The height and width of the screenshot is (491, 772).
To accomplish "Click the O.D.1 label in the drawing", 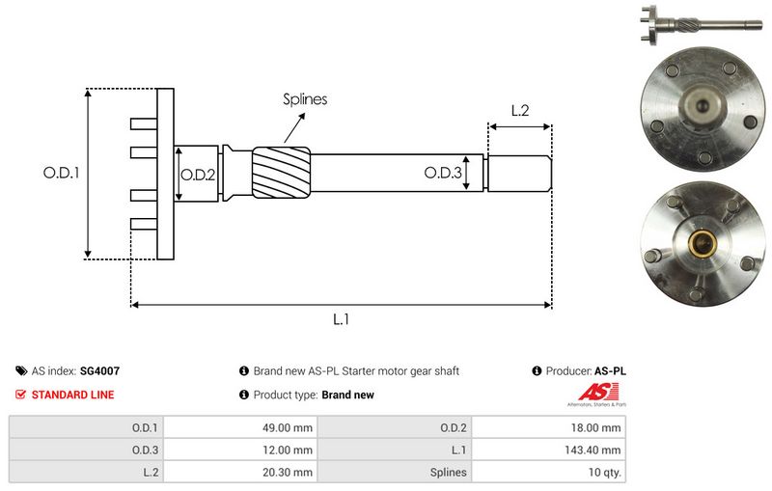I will [60, 175].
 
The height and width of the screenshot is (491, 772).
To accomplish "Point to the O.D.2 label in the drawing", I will [198, 175].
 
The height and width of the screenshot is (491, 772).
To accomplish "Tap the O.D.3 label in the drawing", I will [443, 174].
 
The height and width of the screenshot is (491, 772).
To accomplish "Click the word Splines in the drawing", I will [305, 98].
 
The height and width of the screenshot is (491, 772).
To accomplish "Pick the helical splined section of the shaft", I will [280, 174].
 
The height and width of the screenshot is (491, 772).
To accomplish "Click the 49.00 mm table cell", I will [290, 426].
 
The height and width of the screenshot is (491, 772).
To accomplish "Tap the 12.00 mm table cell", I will [290, 450].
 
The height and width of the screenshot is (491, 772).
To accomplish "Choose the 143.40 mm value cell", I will [596, 450].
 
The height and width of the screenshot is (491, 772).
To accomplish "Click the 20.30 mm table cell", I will [290, 473].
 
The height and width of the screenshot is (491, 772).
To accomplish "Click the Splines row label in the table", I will [450, 473].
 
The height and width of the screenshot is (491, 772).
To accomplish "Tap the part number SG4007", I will [99, 370].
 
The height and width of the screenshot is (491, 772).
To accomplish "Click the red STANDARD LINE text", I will [72, 395].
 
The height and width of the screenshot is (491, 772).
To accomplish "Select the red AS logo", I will [591, 392].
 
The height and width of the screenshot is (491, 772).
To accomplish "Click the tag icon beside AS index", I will [21, 370].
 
